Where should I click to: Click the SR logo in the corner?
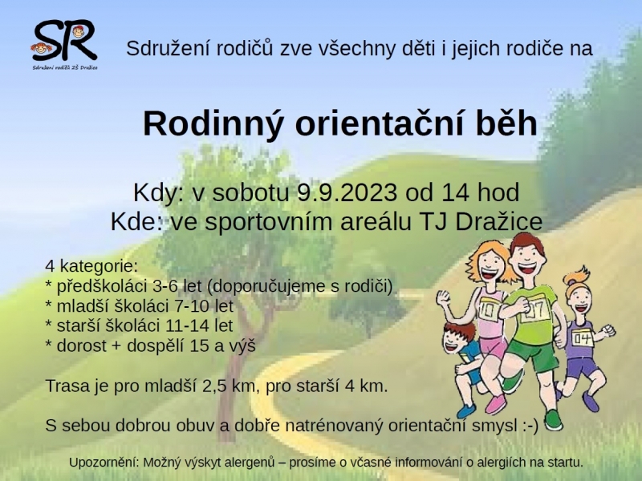coord(64,44)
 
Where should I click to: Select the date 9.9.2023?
coord(347,192)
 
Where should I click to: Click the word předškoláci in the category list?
coord(102,286)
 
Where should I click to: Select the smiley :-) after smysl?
coord(530,426)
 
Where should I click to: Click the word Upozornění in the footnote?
coord(104,463)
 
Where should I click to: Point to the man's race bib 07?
coord(536,310)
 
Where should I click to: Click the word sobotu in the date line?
coord(250,192)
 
